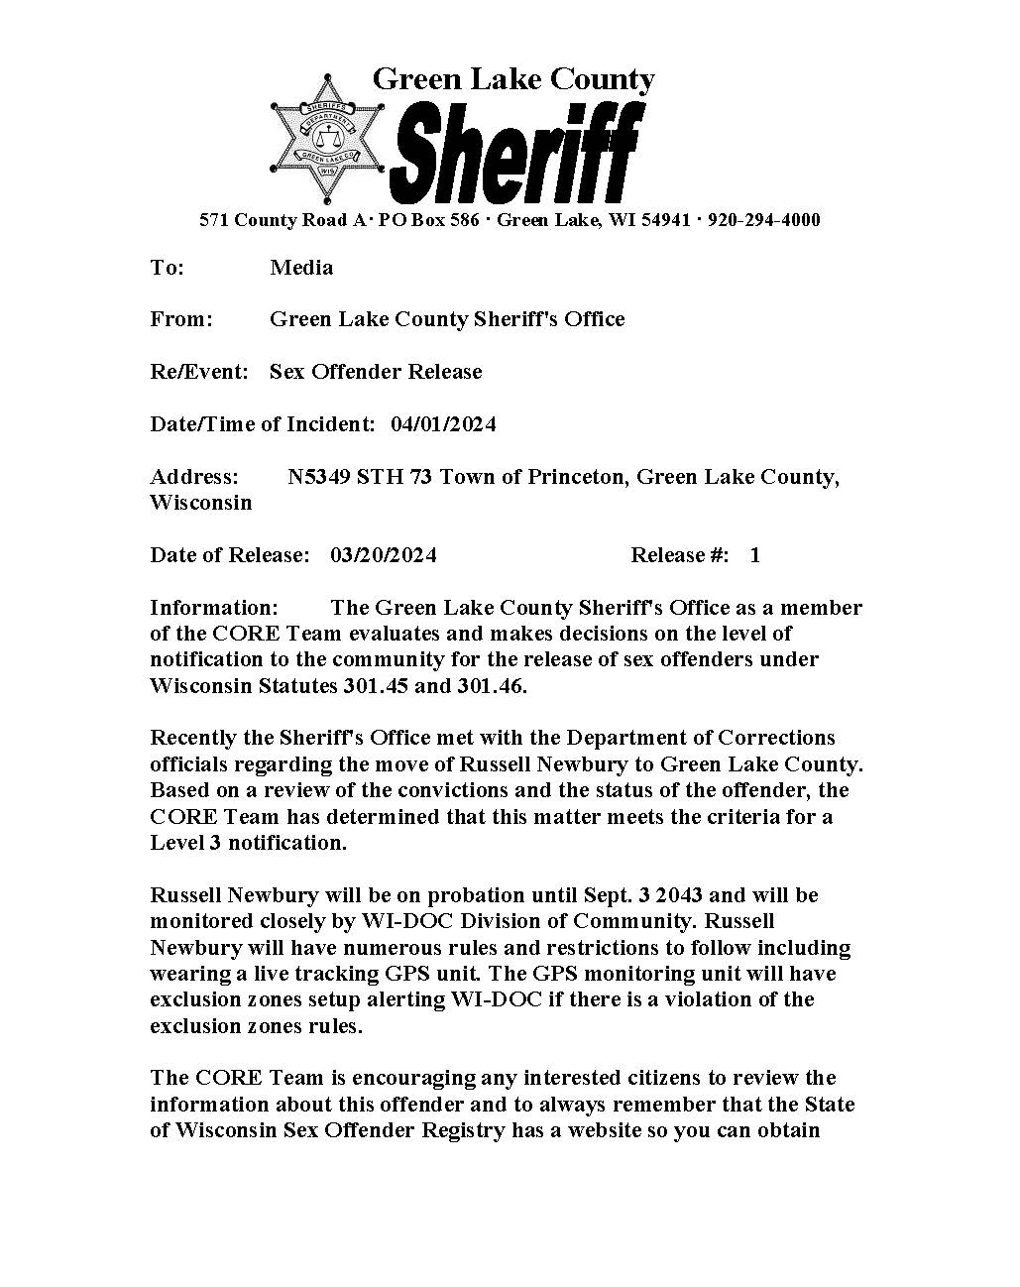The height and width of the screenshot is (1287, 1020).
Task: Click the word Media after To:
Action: coord(301,268)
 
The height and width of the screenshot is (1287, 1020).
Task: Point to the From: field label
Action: coord(181,319)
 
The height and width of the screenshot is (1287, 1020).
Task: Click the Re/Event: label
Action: coord(199,372)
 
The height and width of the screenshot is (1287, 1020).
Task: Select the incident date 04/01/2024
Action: coord(443,424)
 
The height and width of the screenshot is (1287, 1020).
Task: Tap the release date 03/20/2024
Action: coord(384,555)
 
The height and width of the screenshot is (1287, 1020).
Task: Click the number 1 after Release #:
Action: coord(755,555)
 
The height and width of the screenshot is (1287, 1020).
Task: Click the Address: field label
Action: coord(194,477)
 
